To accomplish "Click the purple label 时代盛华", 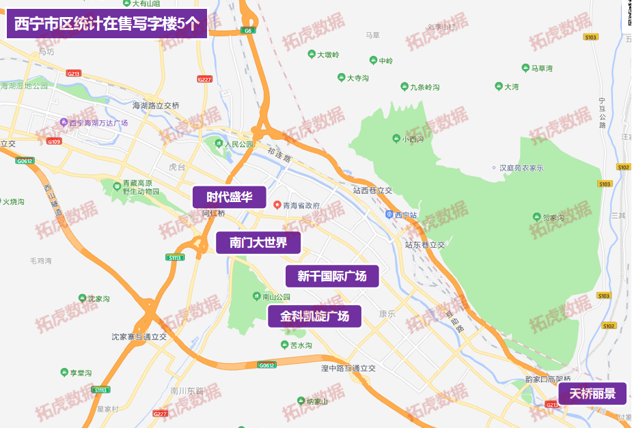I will (x=229, y=198).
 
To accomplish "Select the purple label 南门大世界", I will (x=258, y=242).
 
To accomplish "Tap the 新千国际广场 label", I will (x=331, y=276).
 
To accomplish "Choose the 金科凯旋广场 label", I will (x=314, y=316).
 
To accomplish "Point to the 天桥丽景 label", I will (x=592, y=394).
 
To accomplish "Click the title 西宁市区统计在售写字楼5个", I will (x=107, y=25).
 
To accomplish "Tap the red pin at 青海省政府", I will (x=277, y=205).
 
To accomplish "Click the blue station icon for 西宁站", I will (x=389, y=214).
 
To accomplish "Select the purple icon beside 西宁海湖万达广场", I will (x=63, y=123).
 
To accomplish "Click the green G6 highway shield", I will (x=247, y=31).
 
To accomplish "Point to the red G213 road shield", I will (x=74, y=73).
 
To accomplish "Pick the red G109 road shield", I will (x=55, y=141).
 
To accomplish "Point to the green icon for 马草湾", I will (x=525, y=68).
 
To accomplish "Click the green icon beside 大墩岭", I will (x=311, y=55).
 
